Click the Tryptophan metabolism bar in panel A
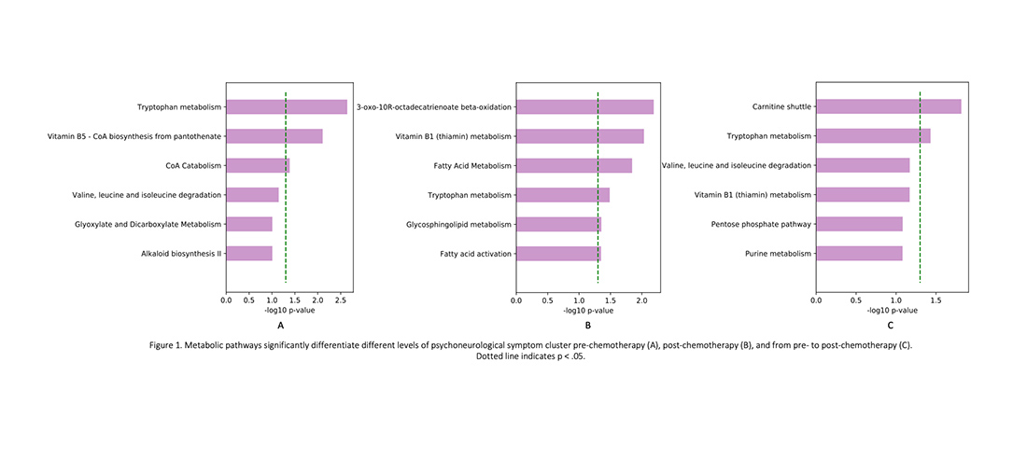point(286,107)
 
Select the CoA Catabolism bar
point(258,166)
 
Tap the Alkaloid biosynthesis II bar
point(248,253)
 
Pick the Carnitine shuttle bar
point(888,106)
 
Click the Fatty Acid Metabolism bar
point(573,166)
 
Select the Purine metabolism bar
point(859,253)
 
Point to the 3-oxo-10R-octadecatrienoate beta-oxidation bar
point(584,107)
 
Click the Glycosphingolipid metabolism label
point(459,224)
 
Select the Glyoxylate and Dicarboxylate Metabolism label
point(148,224)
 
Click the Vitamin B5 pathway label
point(134,136)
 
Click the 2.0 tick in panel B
point(640,300)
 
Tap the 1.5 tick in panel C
point(936,300)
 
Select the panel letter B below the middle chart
point(587,326)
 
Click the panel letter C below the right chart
point(890,326)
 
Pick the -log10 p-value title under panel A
point(288,311)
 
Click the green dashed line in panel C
point(921,187)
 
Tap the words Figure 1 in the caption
point(169,345)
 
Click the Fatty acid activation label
point(475,254)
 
